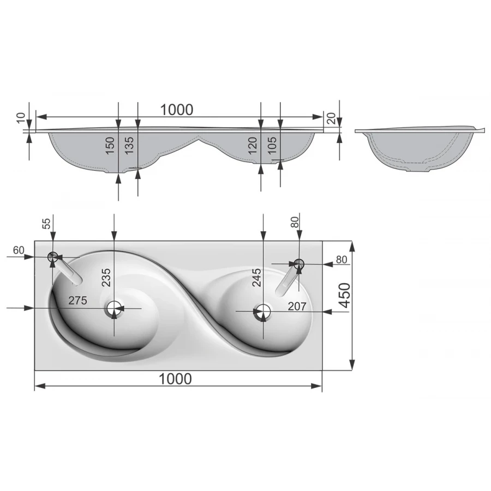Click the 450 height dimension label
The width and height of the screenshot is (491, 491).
click(344, 295)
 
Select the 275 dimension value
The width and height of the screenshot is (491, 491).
click(77, 301)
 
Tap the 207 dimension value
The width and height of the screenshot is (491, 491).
click(297, 306)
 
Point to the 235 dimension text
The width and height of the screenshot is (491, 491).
click(106, 277)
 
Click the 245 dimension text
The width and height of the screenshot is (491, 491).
click(256, 277)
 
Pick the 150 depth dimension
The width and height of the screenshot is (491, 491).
click(110, 145)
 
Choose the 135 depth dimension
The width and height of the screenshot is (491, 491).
click(129, 145)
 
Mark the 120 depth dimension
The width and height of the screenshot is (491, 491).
click(253, 145)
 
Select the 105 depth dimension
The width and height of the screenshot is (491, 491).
click(272, 145)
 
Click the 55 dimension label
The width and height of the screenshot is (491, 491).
click(46, 224)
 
